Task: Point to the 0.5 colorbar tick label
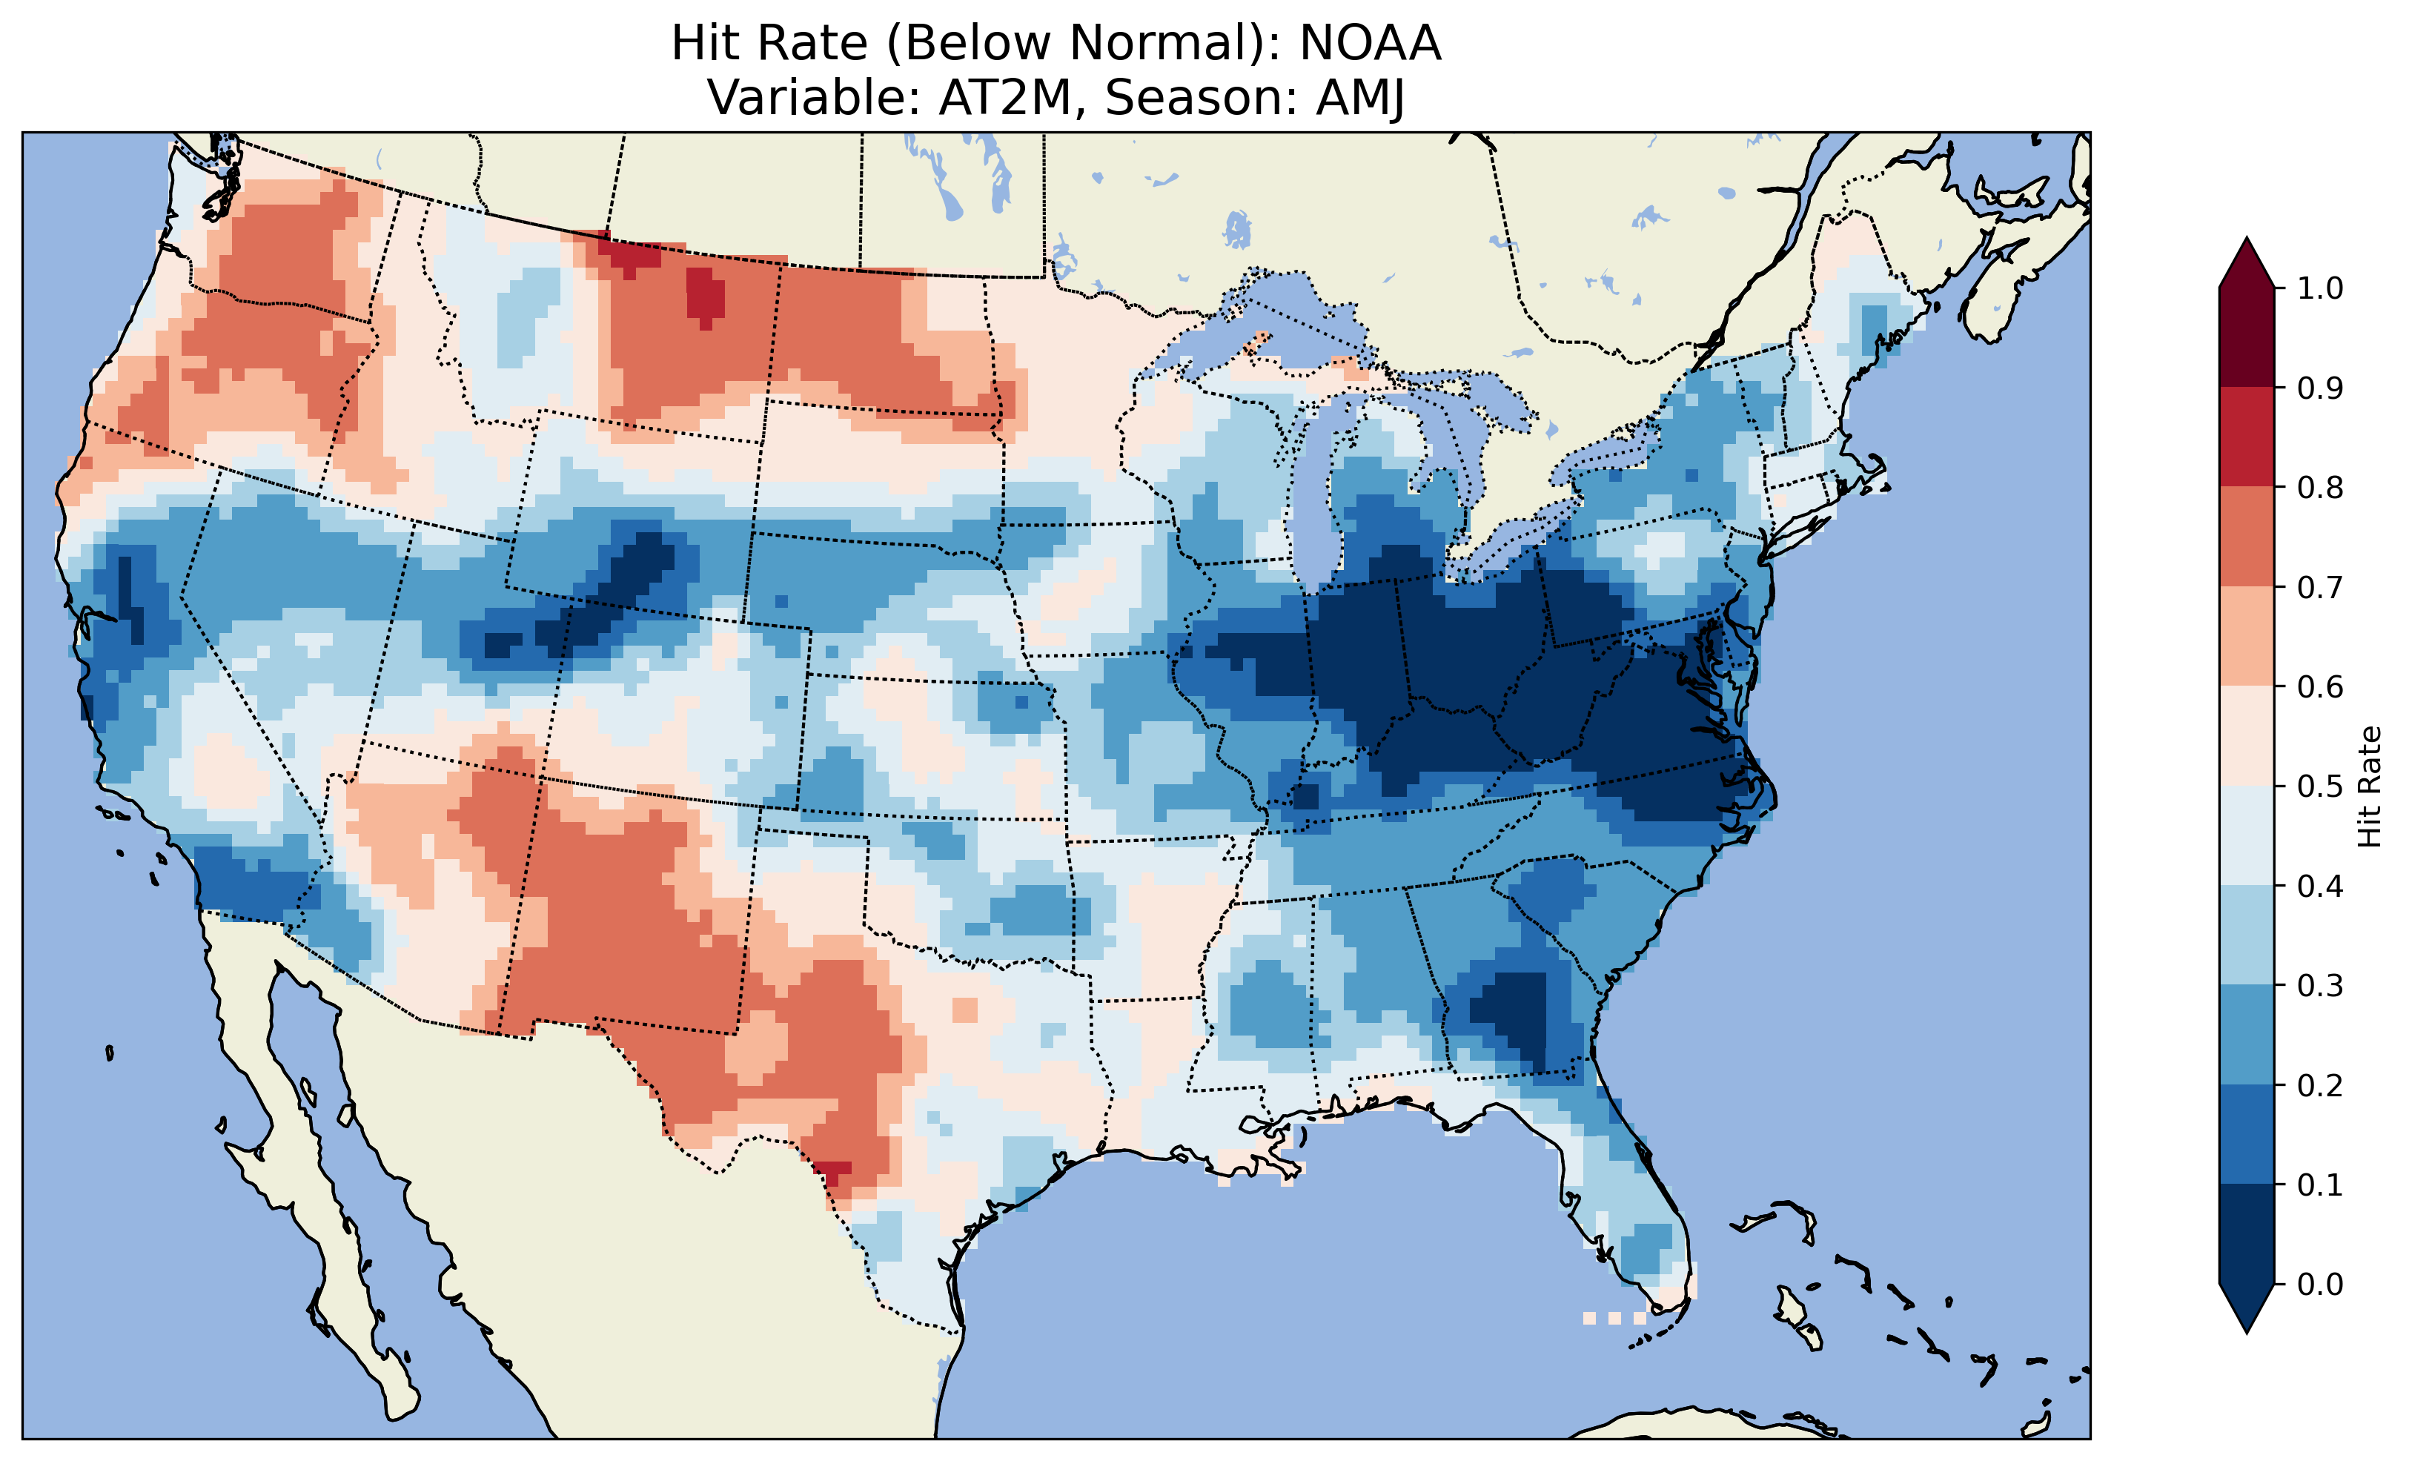click(2320, 786)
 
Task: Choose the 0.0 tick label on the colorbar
click(2320, 1284)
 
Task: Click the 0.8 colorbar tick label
click(2320, 487)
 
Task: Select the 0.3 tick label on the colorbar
click(2320, 986)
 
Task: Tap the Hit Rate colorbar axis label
click(2369, 786)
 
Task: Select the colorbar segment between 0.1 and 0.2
click(2247, 1134)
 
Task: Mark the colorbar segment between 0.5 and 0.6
click(2247, 736)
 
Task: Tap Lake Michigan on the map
click(1315, 489)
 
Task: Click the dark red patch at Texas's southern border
click(833, 1170)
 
